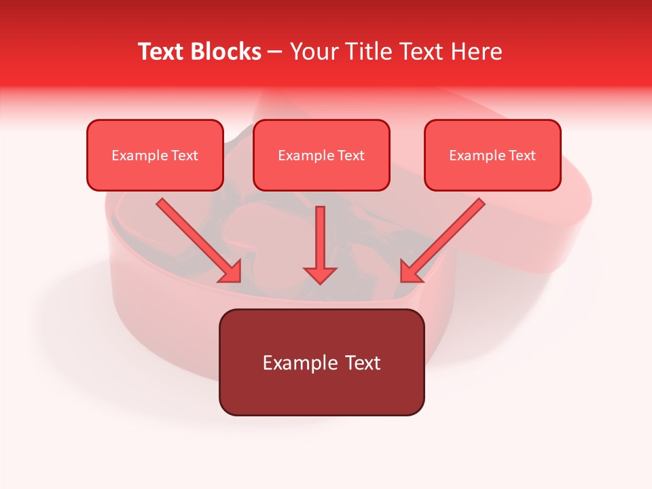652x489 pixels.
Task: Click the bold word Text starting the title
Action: [164, 52]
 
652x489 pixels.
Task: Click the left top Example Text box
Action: [155, 155]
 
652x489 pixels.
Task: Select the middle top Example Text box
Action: [321, 155]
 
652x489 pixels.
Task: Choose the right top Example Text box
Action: [492, 155]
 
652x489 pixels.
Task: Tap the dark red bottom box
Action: [321, 362]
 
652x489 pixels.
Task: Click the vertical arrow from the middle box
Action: [320, 238]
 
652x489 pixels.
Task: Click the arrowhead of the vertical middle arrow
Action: [320, 274]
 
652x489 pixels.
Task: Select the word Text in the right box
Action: [522, 156]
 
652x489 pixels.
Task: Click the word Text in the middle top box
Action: [351, 156]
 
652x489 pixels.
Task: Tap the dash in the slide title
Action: [275, 52]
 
